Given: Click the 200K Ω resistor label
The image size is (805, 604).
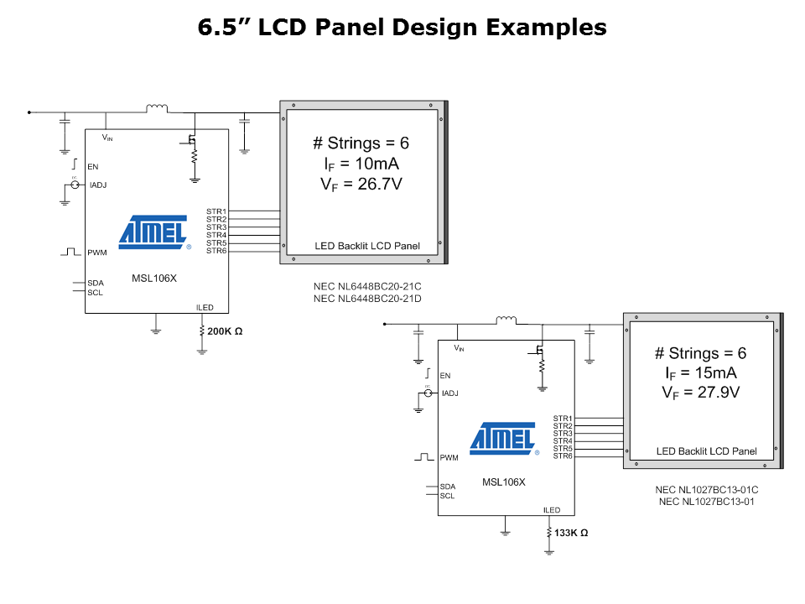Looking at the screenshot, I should [225, 332].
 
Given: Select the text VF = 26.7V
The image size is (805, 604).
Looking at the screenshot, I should [361, 185].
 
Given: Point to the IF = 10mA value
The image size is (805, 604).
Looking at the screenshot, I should [361, 164].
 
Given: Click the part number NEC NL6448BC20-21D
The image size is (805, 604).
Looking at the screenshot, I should [367, 298].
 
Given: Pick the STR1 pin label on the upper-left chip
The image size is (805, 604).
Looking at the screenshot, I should [216, 211].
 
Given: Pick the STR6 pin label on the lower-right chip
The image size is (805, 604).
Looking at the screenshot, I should [563, 456].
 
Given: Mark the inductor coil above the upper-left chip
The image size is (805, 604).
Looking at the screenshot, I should [157, 107].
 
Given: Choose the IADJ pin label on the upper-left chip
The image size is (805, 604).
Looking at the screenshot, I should [98, 185].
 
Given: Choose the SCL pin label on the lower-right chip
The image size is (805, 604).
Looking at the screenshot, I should [447, 496].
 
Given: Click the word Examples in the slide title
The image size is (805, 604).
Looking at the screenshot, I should [546, 27].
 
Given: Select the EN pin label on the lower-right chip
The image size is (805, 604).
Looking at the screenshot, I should [445, 376].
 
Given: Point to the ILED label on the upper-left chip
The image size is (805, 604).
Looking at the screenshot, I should [205, 308].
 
